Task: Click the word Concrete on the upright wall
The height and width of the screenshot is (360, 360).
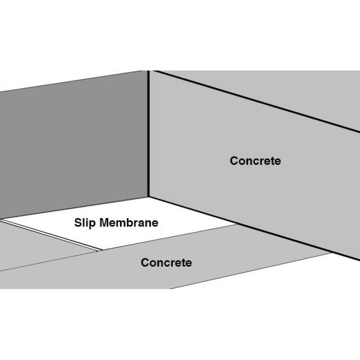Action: click(x=255, y=161)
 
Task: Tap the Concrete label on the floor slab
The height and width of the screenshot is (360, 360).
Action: click(x=166, y=262)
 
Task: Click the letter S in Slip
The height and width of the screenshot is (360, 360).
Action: click(x=77, y=223)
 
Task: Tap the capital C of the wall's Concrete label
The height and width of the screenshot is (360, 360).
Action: click(x=233, y=161)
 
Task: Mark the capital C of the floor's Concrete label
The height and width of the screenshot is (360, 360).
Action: click(x=144, y=262)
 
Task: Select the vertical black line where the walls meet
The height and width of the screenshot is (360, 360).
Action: click(x=148, y=135)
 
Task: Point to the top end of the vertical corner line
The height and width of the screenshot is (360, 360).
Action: click(x=148, y=71)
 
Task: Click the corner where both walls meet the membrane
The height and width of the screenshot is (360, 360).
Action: click(x=148, y=197)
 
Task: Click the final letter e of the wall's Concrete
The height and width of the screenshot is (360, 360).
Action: click(x=278, y=161)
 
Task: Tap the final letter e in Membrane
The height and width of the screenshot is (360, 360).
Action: click(x=155, y=223)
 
